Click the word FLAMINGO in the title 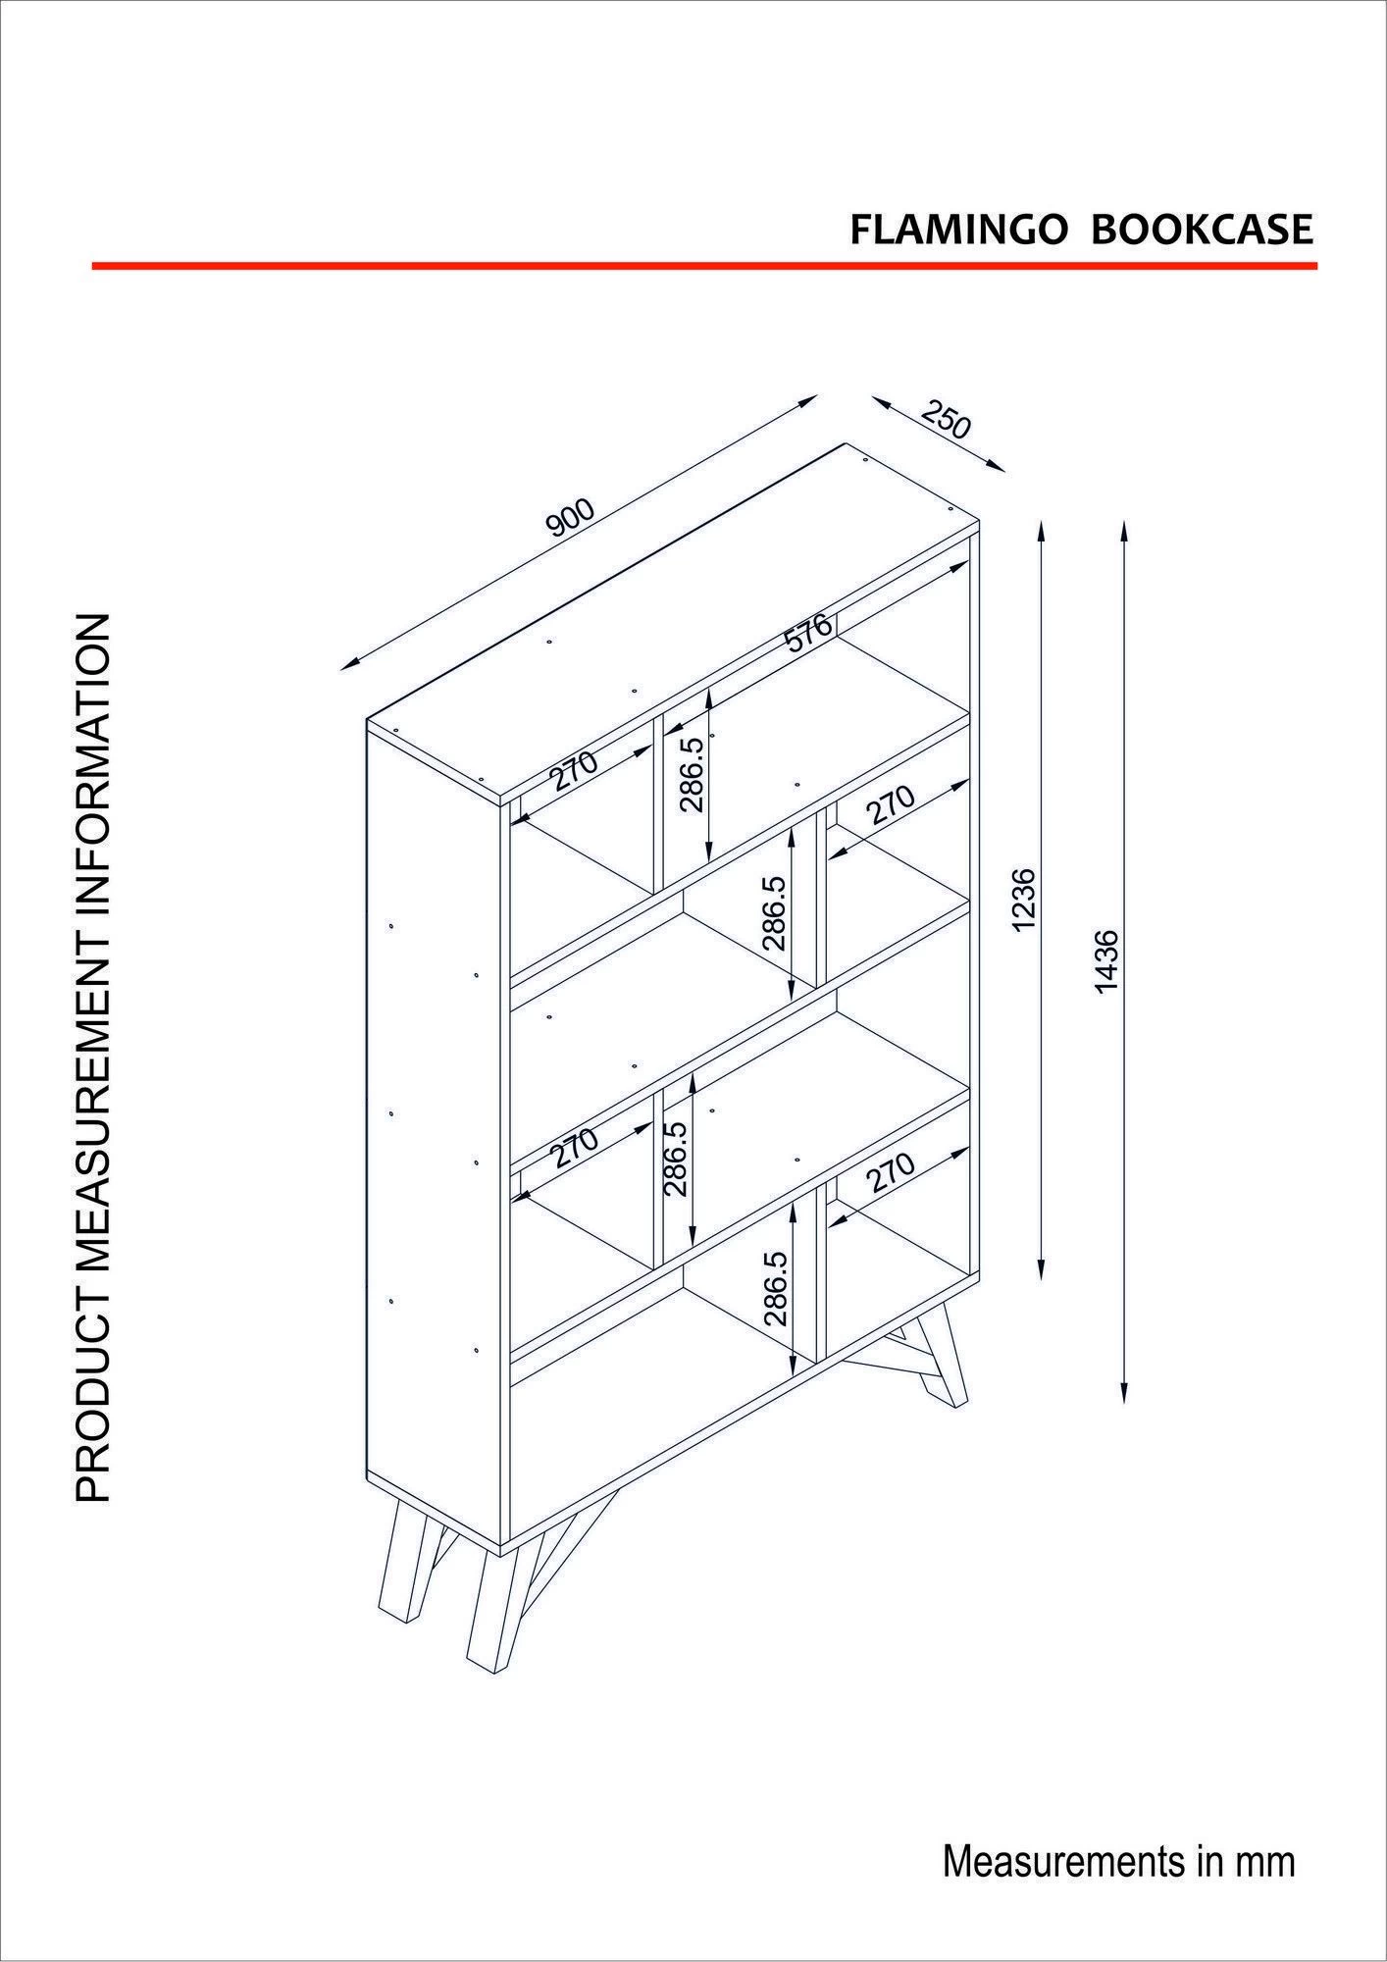[x=957, y=230]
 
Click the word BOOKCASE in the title [x=1202, y=230]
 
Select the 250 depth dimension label [x=946, y=420]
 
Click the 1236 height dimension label [x=1024, y=899]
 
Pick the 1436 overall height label [x=1105, y=961]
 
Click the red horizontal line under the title [x=703, y=266]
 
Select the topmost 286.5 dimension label [x=693, y=775]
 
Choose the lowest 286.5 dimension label [x=776, y=1288]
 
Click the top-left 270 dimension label [x=573, y=770]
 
